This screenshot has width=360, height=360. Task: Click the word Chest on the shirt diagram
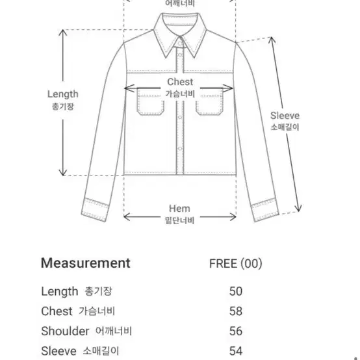coord(180,82)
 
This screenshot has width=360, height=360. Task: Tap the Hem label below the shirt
coord(179,209)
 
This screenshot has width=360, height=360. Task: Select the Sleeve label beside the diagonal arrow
coord(285,116)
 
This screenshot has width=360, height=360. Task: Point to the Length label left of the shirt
coord(62,94)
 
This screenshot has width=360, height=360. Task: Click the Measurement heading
coord(85,263)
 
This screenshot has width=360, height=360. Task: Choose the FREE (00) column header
coord(236,263)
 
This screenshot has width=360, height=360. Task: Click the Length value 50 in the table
coord(236,291)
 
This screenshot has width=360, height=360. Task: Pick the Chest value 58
coord(236,311)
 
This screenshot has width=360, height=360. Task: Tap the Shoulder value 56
coord(236,331)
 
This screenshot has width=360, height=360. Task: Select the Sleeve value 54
coord(236,351)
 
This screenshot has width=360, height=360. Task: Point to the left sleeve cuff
coord(95,210)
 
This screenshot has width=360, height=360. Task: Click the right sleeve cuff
coord(265,210)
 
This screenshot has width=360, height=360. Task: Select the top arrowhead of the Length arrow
coord(62,32)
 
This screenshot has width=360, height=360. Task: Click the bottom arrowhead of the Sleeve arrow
coord(298,208)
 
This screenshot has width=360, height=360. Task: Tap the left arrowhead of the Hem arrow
coord(127,217)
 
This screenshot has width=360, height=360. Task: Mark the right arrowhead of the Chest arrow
coord(229,88)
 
